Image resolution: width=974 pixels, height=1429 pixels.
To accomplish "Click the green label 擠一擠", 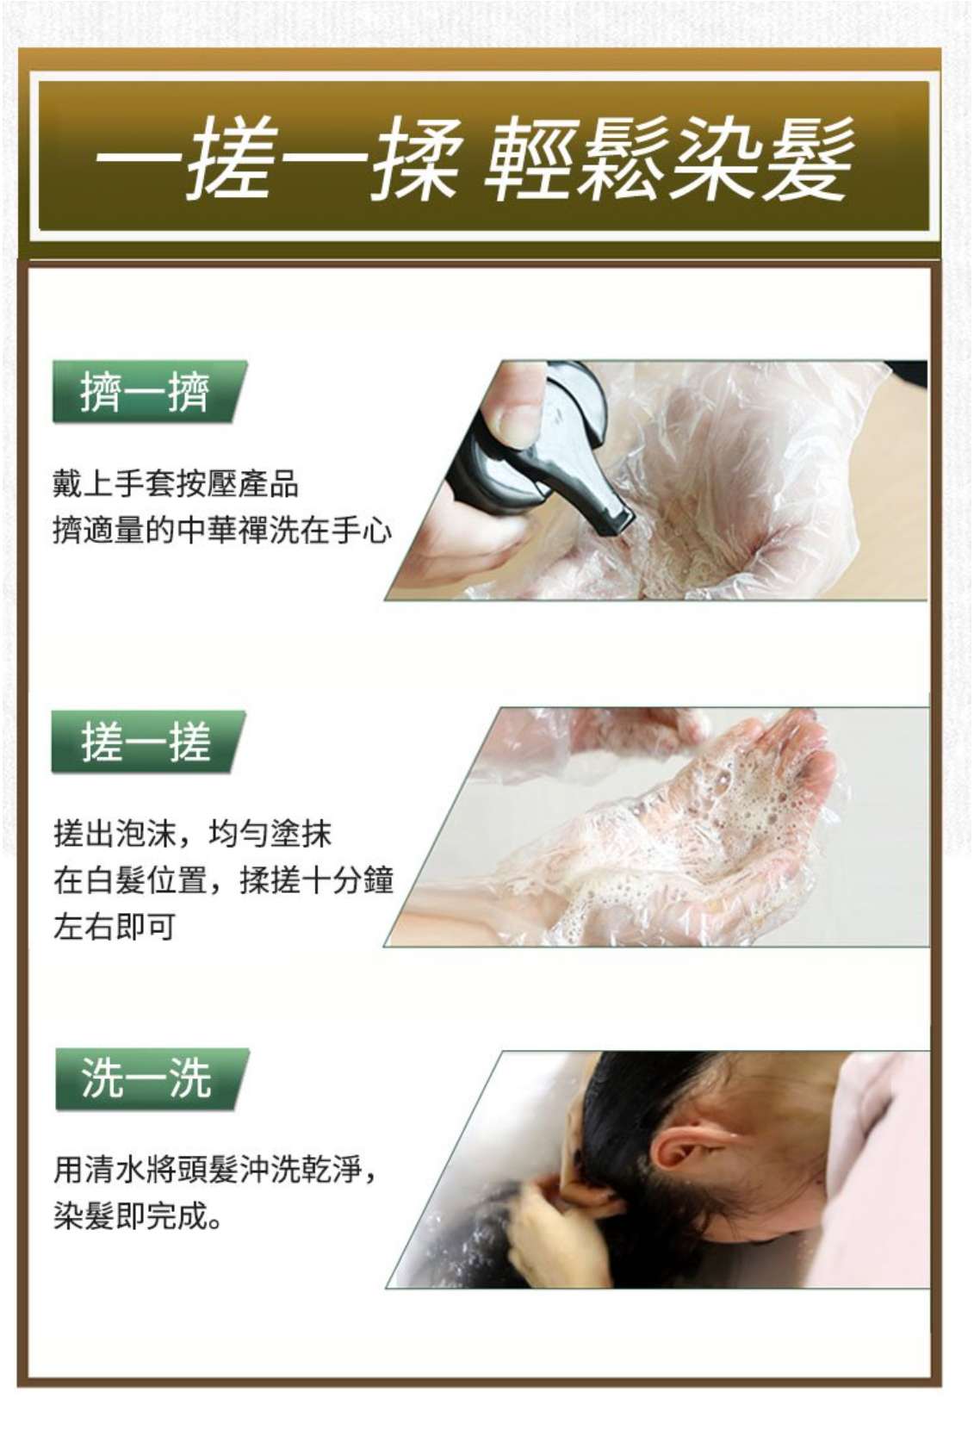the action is (x=149, y=392).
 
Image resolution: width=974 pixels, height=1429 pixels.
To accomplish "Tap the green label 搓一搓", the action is (x=148, y=742).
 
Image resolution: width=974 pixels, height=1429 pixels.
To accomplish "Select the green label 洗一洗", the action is (x=152, y=1080).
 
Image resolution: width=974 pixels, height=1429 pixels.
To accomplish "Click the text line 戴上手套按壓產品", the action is (x=176, y=484).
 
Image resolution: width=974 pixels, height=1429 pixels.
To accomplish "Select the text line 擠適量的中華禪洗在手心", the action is (x=222, y=531).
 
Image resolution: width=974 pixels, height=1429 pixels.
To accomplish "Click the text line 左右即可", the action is (x=115, y=927).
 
